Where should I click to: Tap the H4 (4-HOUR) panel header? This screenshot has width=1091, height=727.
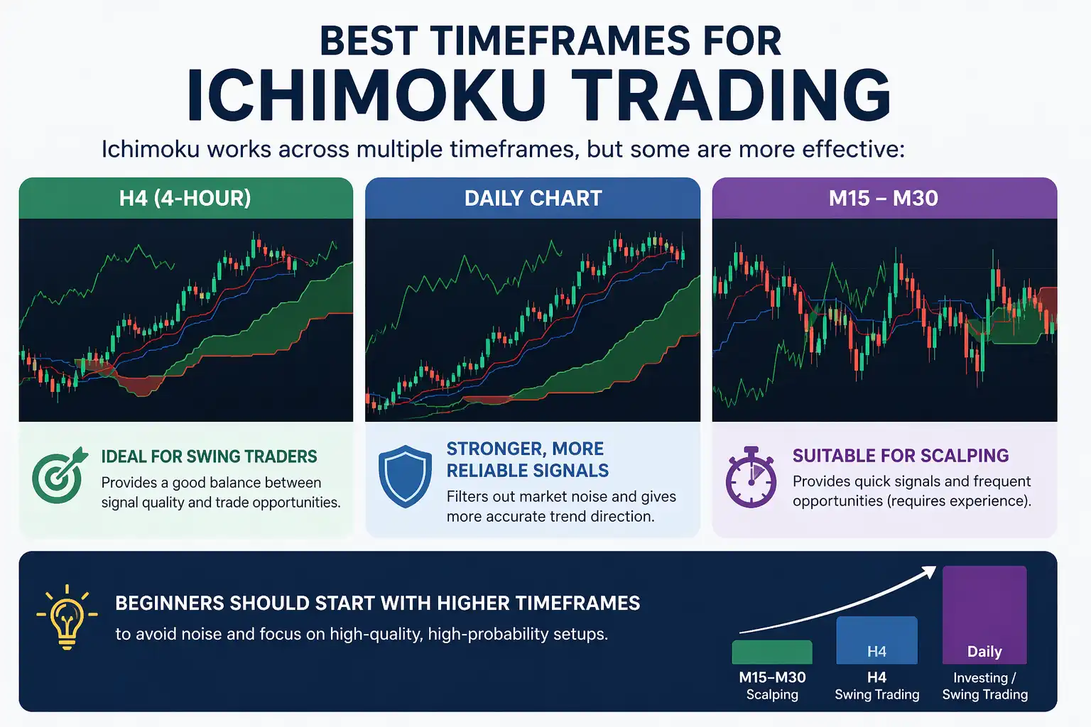click(x=185, y=198)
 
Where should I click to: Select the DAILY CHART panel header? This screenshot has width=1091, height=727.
click(x=533, y=198)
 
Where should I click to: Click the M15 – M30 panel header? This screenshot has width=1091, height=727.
click(x=884, y=198)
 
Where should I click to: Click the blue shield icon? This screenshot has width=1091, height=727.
click(x=405, y=476)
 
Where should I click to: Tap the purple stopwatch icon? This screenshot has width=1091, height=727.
click(x=751, y=477)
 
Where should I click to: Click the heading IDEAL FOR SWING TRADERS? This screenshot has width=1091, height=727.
click(x=209, y=457)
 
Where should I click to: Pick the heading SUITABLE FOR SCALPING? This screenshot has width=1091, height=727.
click(x=901, y=456)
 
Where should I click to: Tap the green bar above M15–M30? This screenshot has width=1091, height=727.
click(x=772, y=652)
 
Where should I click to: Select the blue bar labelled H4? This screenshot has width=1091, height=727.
click(x=876, y=640)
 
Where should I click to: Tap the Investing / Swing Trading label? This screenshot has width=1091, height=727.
click(x=984, y=686)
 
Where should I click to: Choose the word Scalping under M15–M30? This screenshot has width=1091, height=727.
click(x=772, y=694)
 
